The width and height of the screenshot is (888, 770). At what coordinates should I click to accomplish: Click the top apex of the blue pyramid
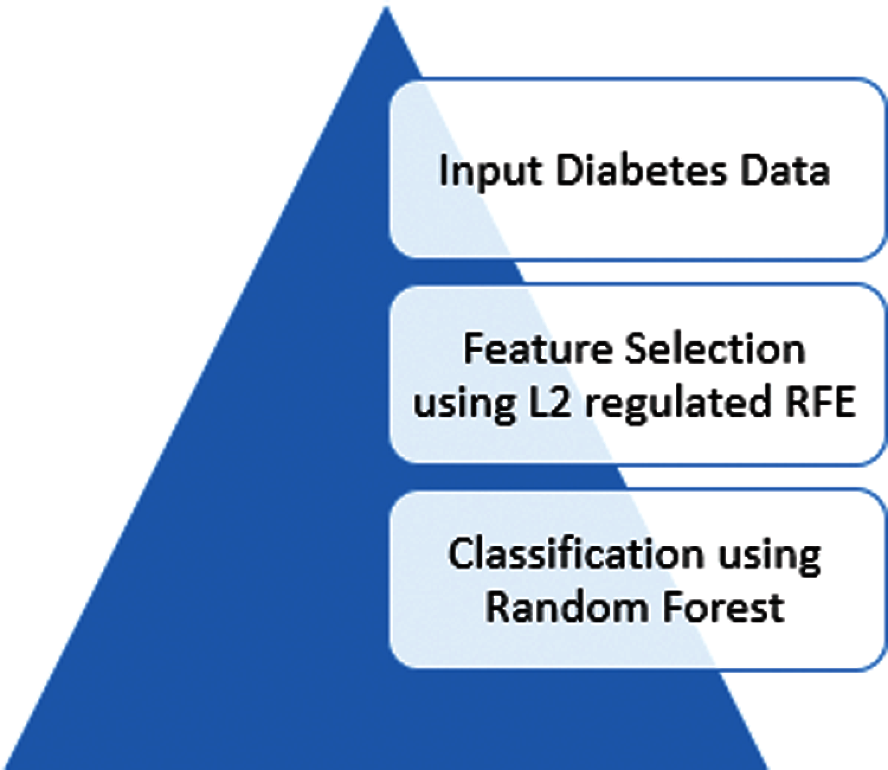click(386, 8)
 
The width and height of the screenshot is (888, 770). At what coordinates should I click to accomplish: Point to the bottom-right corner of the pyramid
click(767, 767)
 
